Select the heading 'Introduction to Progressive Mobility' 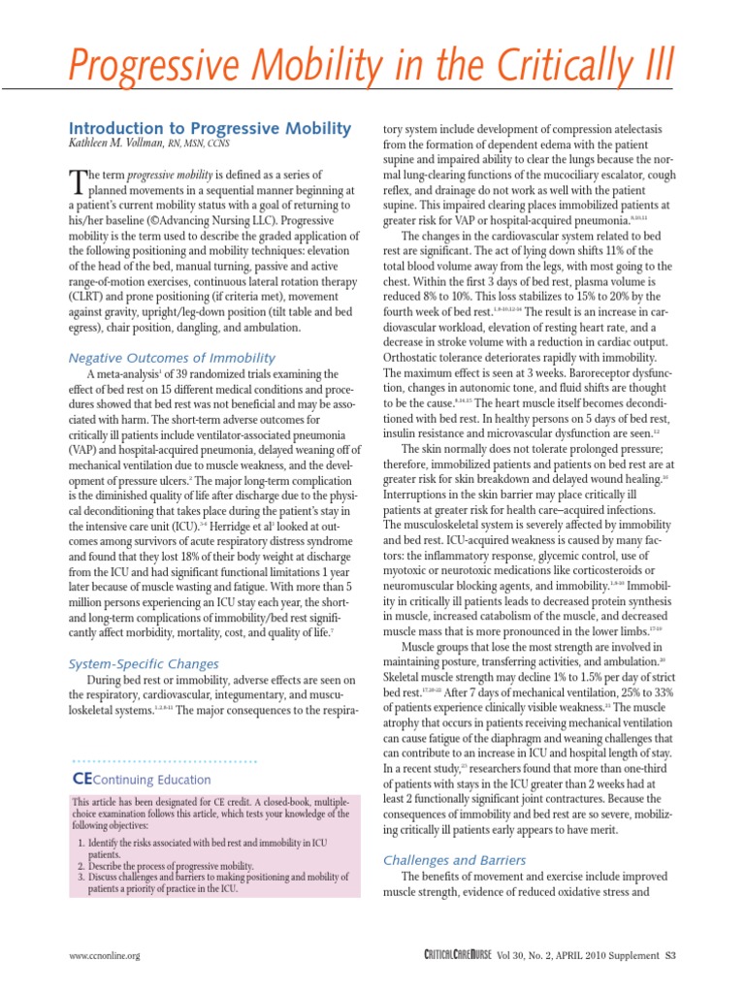point(209,130)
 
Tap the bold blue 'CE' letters point(81,779)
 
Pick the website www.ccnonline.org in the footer point(106,955)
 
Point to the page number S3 point(669,955)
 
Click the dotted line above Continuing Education point(165,762)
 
